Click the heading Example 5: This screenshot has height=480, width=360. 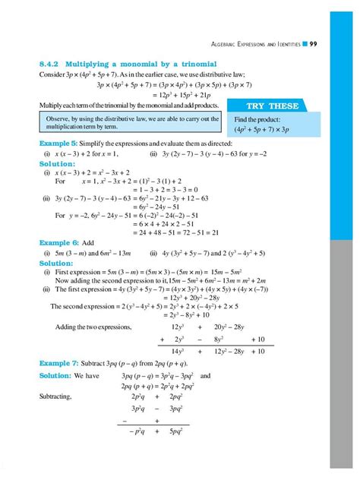[55, 143]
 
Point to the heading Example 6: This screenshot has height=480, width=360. [55, 243]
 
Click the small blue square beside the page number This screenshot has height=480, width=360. [304, 45]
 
